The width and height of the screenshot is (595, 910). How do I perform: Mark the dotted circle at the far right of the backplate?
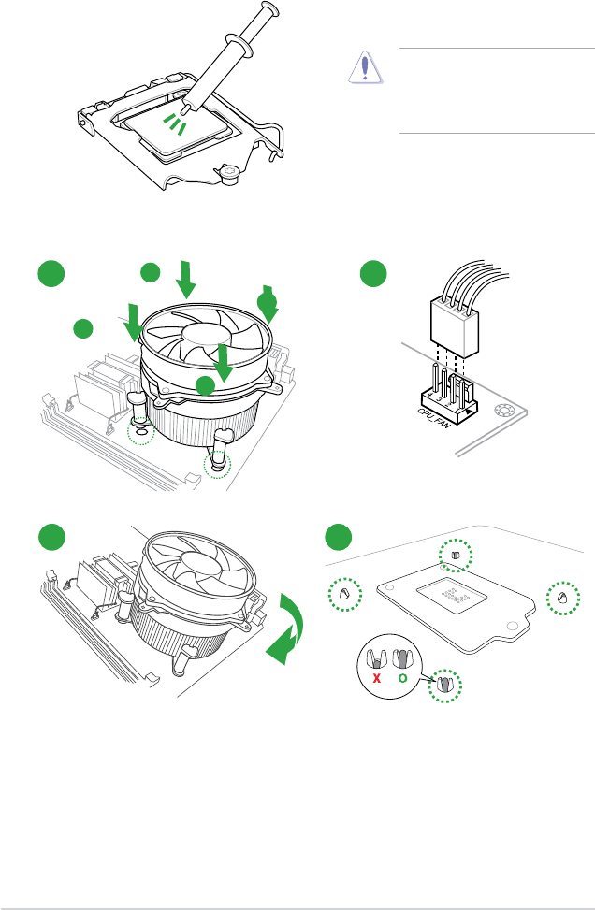tap(562, 597)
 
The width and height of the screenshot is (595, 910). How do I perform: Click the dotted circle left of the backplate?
tap(343, 593)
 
